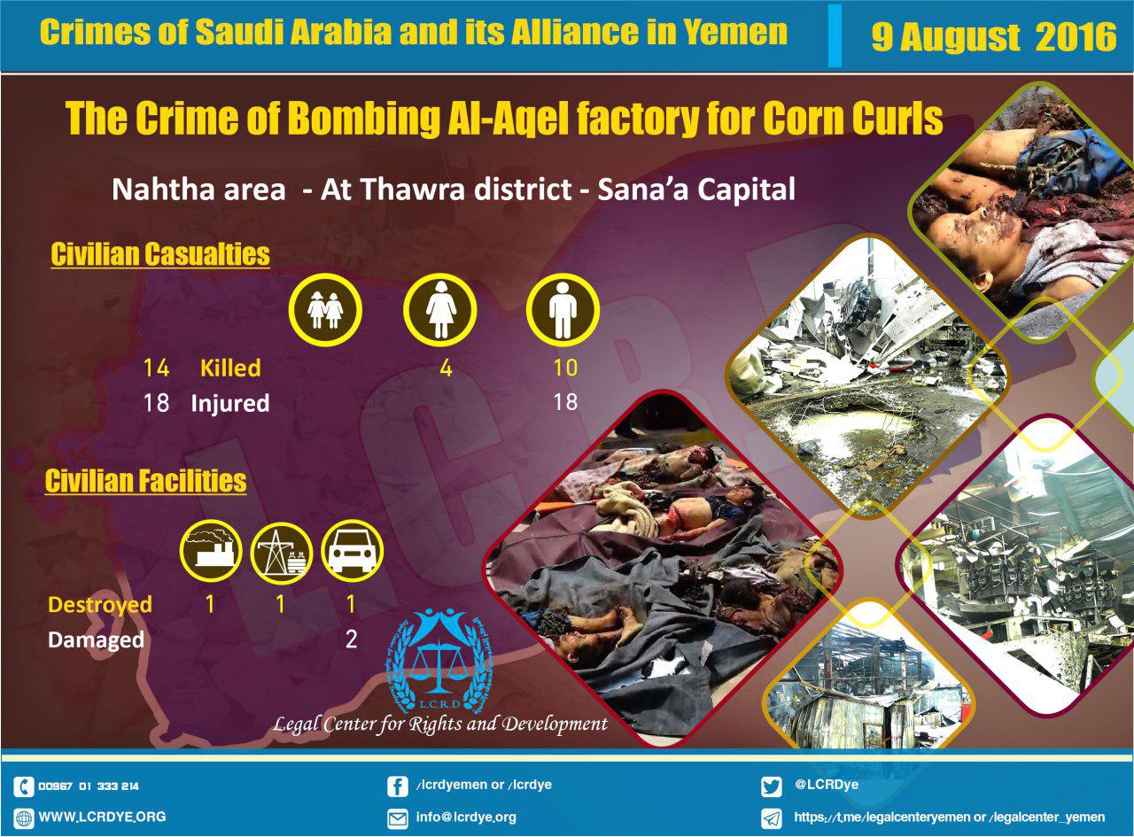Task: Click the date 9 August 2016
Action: click(993, 36)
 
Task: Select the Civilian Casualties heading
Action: click(160, 254)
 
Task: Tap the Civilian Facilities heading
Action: click(145, 481)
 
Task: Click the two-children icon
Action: click(325, 310)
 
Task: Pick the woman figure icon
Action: click(440, 310)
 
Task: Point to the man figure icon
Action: click(563, 310)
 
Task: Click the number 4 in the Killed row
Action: click(446, 368)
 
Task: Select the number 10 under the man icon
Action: click(565, 368)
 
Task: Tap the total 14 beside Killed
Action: click(156, 368)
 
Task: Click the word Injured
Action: click(230, 403)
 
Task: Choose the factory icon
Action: click(211, 551)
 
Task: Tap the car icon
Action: click(353, 551)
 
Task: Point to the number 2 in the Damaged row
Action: click(351, 639)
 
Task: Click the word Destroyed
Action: click(100, 605)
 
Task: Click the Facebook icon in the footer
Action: click(397, 787)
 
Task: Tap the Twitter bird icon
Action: click(771, 787)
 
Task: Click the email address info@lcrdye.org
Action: click(466, 817)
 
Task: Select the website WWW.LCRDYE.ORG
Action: click(102, 817)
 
